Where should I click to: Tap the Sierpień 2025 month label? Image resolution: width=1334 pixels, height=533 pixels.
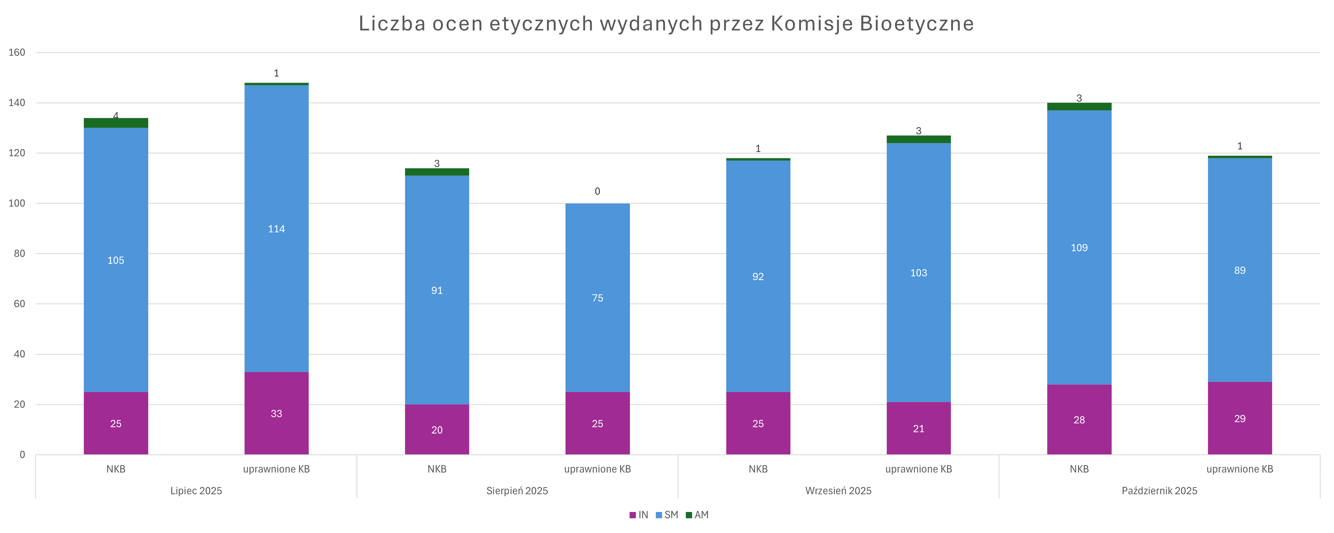(517, 490)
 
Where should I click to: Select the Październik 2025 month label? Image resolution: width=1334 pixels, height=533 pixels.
(1160, 490)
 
